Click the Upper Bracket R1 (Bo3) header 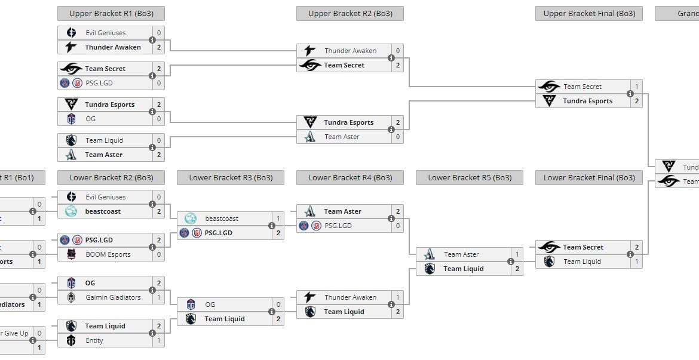pos(111,13)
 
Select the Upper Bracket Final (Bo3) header pos(588,13)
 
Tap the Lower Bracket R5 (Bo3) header pos(469,177)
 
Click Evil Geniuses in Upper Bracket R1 pos(105,33)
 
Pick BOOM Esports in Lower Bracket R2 pos(108,254)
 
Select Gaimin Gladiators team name pos(112,297)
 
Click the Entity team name pos(94,340)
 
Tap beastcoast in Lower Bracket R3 pos(222,219)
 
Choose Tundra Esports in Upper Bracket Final pos(587,101)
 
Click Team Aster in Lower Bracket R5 pos(461,254)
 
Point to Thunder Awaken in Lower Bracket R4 pos(350,297)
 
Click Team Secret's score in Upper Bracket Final pos(637,87)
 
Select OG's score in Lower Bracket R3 pos(278,304)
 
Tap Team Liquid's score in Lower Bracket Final pos(637,261)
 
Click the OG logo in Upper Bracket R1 pos(72,119)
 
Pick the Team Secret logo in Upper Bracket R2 pos(310,65)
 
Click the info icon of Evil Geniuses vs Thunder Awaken pos(152,40)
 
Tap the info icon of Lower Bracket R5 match pos(511,261)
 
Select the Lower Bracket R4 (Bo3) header pos(349,177)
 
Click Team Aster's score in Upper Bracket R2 pos(398,137)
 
